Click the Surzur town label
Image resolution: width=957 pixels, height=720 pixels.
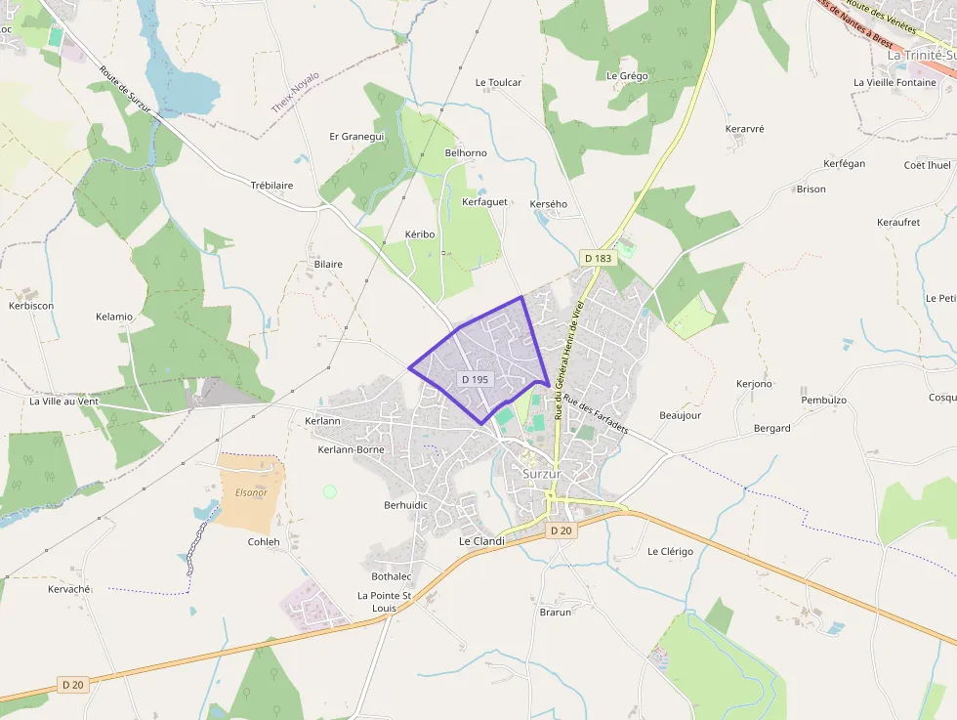pyautogui.click(x=543, y=474)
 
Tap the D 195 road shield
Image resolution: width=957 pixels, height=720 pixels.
pyautogui.click(x=475, y=378)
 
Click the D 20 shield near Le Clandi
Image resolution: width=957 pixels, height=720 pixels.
pyautogui.click(x=560, y=530)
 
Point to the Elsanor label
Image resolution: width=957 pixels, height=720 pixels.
pyautogui.click(x=251, y=492)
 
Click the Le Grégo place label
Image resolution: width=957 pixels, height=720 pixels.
pyautogui.click(x=627, y=75)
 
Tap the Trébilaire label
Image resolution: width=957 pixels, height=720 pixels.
pyautogui.click(x=271, y=185)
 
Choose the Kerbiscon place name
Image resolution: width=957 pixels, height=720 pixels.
pyautogui.click(x=31, y=306)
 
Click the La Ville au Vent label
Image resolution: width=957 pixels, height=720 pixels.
pyautogui.click(x=64, y=401)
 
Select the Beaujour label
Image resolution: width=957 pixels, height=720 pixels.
pyautogui.click(x=680, y=415)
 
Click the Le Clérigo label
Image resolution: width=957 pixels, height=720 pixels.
pyautogui.click(x=670, y=552)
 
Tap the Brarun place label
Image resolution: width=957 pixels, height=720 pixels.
pyautogui.click(x=555, y=612)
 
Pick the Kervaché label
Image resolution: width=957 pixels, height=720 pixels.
pyautogui.click(x=69, y=589)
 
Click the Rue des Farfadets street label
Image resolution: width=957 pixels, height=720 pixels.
pyautogui.click(x=596, y=412)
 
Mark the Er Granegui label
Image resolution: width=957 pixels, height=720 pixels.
pyautogui.click(x=357, y=136)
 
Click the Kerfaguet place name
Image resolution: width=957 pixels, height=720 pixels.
pyautogui.click(x=484, y=201)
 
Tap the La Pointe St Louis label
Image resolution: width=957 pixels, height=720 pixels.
pyautogui.click(x=384, y=601)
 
